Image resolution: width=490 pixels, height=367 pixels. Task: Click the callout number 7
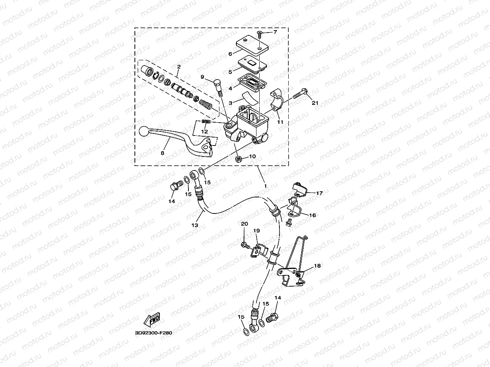[275, 32]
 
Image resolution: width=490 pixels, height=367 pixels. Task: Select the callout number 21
[315, 103]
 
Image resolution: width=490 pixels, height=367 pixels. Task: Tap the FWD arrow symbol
[152, 320]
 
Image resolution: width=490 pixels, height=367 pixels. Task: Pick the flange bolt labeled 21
[300, 95]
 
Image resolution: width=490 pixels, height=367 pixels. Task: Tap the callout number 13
[194, 225]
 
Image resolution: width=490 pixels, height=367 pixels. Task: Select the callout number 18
[317, 266]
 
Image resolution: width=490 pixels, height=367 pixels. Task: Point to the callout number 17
[319, 193]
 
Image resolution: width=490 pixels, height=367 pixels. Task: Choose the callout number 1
[265, 186]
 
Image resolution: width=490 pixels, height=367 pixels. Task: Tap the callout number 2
[178, 66]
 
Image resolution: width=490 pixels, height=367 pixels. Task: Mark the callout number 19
[256, 231]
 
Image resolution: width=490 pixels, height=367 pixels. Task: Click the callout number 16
[312, 215]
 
